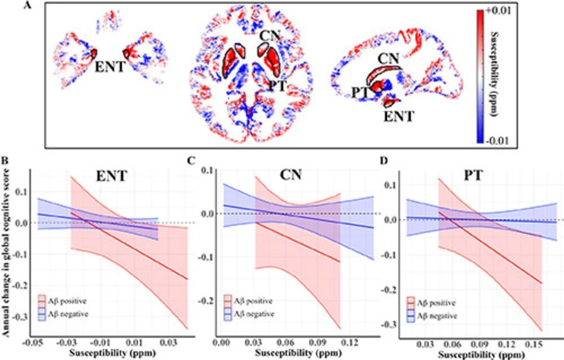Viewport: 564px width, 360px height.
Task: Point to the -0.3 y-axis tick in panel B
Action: point(22,332)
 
